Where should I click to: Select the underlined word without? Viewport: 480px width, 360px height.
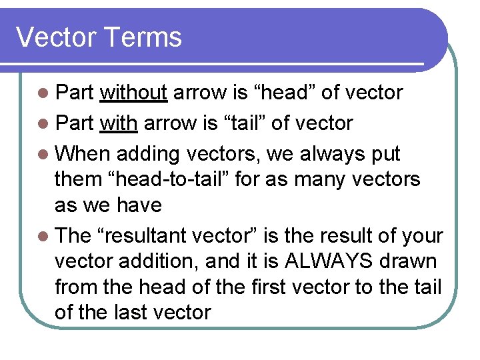(x=133, y=93)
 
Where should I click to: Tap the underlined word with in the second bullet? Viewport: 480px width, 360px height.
(x=119, y=123)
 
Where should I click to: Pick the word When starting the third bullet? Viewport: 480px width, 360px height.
(x=83, y=154)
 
